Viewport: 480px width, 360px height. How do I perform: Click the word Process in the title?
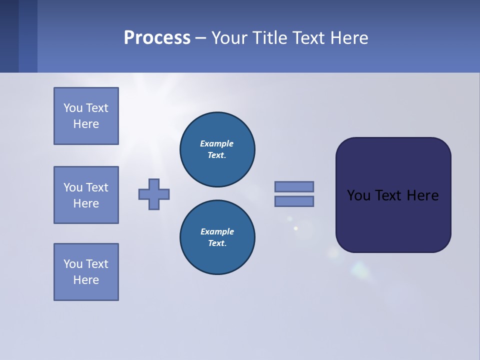point(157,38)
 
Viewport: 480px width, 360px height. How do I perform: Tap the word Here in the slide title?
point(348,38)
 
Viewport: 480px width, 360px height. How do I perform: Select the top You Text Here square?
point(86,116)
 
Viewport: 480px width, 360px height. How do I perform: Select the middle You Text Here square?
point(86,195)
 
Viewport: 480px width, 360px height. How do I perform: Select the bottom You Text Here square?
point(86,272)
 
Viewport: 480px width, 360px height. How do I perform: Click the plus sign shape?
point(154,194)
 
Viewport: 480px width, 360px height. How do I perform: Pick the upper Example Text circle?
point(217,149)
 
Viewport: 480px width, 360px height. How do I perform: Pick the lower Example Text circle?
point(217,237)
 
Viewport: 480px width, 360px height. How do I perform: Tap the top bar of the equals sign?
point(294,186)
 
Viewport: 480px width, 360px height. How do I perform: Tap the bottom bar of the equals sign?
point(294,201)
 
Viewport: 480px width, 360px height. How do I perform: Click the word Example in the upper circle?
point(217,143)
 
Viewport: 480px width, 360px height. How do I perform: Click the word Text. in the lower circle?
point(217,243)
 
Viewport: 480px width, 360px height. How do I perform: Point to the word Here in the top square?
point(86,124)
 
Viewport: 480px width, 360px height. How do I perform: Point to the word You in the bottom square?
point(73,264)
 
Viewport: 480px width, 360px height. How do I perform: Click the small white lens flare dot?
point(295,228)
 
